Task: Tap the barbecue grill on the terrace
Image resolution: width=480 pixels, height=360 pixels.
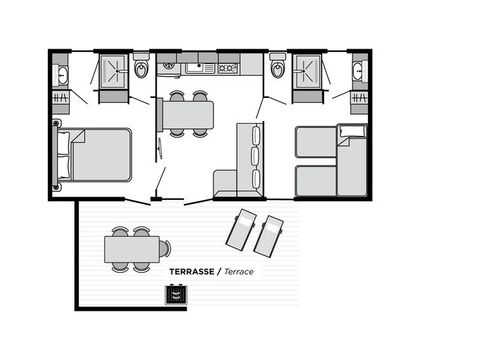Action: tap(176, 295)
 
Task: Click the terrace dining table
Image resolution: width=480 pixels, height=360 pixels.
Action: tap(132, 248)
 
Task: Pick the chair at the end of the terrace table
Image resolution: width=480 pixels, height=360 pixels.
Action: tap(165, 248)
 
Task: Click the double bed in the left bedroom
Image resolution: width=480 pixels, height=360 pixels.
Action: tap(97, 155)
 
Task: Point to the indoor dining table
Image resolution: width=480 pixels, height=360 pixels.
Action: tap(188, 115)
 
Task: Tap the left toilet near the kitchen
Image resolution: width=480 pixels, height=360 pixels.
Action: tap(141, 70)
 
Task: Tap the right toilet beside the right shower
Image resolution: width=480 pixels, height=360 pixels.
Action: tap(277, 69)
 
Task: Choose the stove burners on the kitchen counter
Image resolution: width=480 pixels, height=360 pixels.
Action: tap(227, 69)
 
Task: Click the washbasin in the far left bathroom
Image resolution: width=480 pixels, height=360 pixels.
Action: tap(61, 74)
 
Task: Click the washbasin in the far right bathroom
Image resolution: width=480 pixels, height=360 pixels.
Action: tap(358, 72)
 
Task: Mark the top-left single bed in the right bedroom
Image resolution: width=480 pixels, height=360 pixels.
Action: tap(316, 142)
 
